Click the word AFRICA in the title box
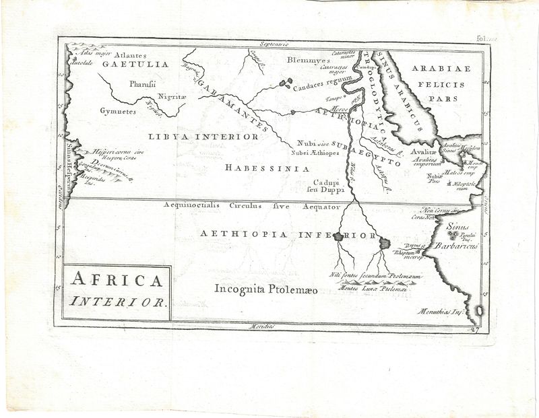(117, 281)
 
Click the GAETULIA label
(135, 65)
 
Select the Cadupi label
(328, 182)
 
